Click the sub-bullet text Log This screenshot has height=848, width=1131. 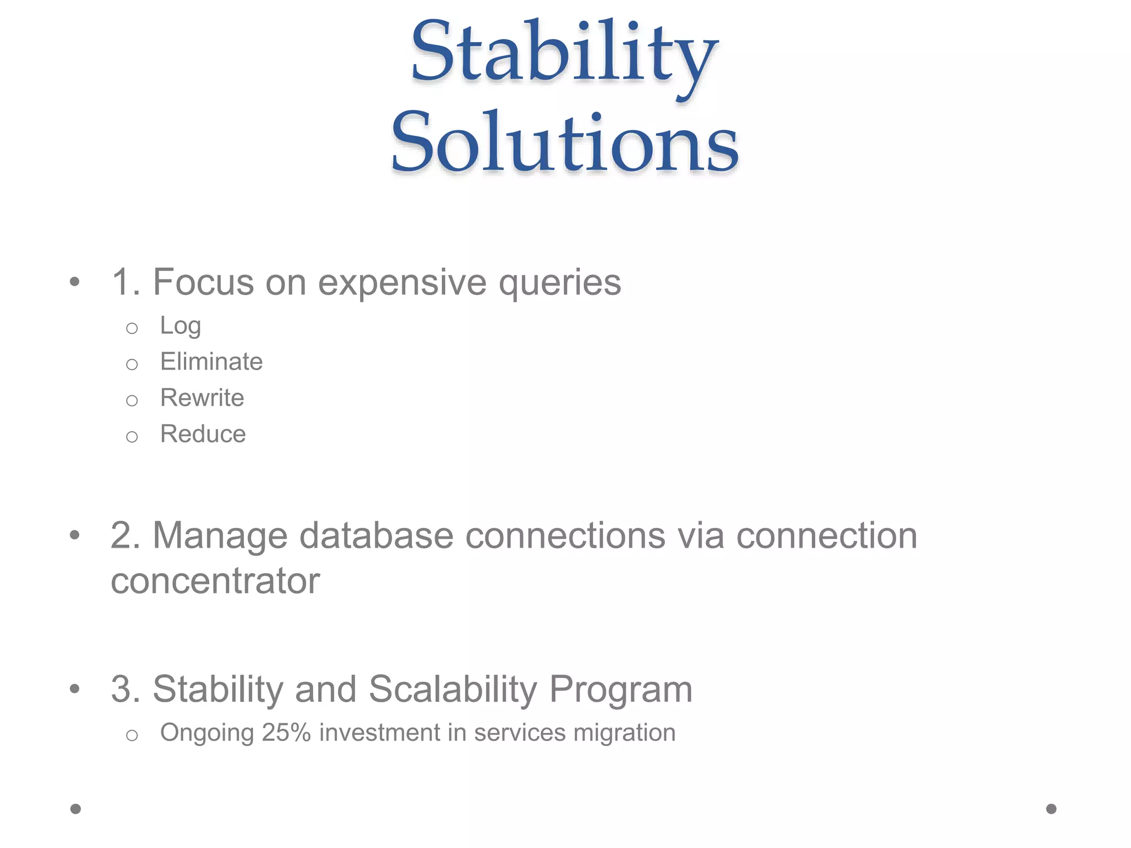(180, 326)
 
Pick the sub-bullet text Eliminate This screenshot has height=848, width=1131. (211, 362)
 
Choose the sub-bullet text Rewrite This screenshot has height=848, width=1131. (202, 398)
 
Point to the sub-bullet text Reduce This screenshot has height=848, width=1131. (203, 434)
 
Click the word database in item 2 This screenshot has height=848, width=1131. (376, 536)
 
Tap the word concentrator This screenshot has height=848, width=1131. (215, 581)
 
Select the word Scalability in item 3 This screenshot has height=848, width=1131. (453, 690)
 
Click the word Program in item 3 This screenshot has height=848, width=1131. (621, 690)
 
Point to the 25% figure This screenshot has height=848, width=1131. (287, 733)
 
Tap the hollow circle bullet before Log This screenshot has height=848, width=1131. (131, 328)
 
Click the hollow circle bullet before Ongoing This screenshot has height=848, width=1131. (131, 735)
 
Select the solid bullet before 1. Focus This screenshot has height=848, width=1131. (75, 282)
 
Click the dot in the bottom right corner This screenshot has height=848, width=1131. (1051, 809)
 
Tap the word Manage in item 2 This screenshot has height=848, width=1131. (220, 536)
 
